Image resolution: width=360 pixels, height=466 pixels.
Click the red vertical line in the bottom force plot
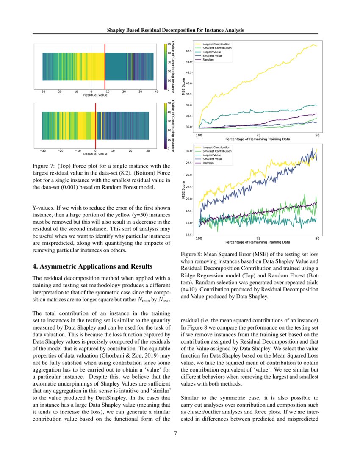(96, 126)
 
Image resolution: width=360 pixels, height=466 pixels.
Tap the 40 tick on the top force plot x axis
(157, 92)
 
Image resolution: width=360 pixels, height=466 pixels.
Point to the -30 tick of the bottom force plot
(42, 150)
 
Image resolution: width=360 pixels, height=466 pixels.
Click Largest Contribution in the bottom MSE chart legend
(216, 147)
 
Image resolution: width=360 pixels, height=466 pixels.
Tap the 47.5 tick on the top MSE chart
(189, 51)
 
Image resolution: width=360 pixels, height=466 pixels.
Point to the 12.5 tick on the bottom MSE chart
(189, 234)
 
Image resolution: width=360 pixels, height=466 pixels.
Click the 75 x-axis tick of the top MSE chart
(258, 135)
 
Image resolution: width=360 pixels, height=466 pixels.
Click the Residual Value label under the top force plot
(95, 95)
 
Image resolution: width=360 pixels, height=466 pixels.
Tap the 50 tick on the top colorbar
(169, 44)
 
